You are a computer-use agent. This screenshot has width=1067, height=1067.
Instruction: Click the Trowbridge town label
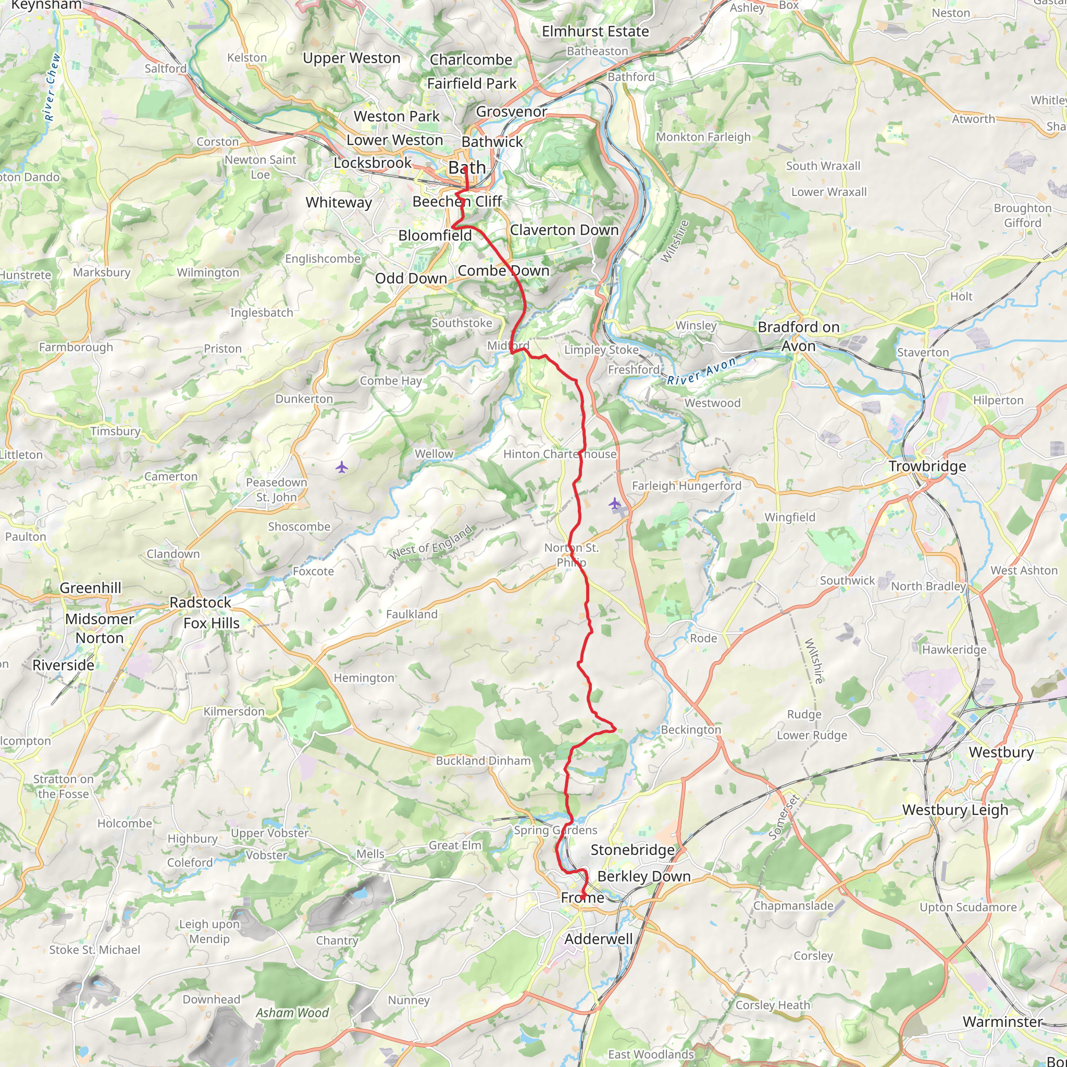coord(927,466)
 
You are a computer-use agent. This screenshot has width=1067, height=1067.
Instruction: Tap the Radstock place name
coord(200,603)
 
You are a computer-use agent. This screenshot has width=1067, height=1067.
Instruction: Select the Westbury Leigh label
coord(955,810)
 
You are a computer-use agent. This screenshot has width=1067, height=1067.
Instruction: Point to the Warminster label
coord(1002,1022)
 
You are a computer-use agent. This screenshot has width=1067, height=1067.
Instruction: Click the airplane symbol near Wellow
coord(342,468)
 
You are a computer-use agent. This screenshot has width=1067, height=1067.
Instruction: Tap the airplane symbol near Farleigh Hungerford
coord(615,503)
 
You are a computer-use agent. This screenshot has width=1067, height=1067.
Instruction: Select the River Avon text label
coord(701,371)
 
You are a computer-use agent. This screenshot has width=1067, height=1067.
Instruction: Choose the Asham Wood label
coord(292,1013)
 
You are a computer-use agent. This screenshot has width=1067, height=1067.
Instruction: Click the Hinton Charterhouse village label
coord(560,454)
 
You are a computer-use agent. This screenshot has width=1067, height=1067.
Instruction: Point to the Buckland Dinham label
coord(483,761)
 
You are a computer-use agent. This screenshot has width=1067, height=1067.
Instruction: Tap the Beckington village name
coord(691,729)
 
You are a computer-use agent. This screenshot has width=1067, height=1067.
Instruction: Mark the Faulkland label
coord(412,614)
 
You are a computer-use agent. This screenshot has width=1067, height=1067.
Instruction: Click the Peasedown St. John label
coord(276,489)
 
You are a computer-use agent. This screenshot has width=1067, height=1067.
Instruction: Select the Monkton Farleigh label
coord(703,137)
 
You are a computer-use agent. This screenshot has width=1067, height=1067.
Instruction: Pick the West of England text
coord(431,542)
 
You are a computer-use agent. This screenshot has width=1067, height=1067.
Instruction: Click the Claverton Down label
coord(564,230)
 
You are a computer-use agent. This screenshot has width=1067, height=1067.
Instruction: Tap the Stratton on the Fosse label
coord(63,786)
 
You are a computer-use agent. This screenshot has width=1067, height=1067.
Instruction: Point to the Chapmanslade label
coord(793,905)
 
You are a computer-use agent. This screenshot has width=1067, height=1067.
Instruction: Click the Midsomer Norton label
coord(100,628)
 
